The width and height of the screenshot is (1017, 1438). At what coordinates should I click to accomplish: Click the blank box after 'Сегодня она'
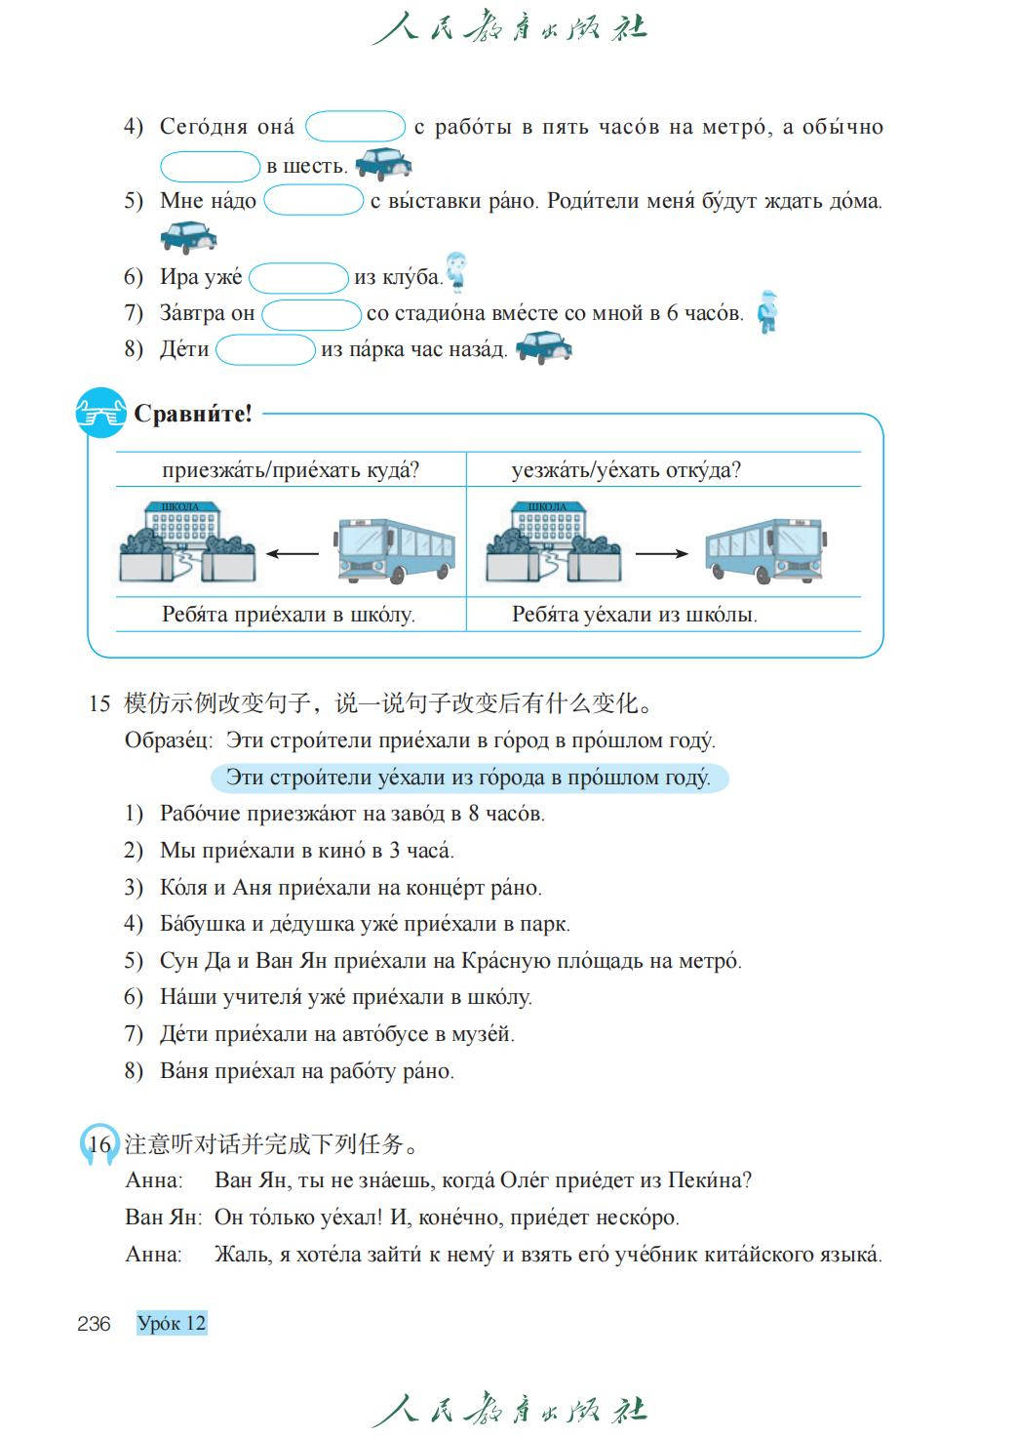(x=355, y=127)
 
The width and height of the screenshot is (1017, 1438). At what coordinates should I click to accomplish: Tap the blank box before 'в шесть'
(x=210, y=166)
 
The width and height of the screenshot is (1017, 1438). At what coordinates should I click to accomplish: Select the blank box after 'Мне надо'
(x=313, y=201)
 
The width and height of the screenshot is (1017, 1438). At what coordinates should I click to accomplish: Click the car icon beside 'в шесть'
(x=382, y=163)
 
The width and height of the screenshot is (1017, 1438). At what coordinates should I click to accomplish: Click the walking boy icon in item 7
(x=768, y=312)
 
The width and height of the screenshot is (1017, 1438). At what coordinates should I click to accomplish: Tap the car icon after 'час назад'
(x=543, y=347)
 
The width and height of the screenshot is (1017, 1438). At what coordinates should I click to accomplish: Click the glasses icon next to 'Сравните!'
(x=100, y=414)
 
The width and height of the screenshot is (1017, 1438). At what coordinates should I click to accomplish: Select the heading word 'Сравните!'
(x=193, y=414)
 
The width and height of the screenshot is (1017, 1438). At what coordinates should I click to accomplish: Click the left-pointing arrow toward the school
(x=293, y=554)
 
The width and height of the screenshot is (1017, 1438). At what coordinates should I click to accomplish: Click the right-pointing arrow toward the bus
(x=661, y=554)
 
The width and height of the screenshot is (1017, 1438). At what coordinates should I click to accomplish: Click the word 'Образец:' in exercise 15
(x=168, y=740)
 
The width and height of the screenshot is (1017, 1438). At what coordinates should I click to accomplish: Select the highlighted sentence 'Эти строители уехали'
(x=468, y=778)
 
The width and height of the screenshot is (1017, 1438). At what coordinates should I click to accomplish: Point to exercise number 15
(x=98, y=703)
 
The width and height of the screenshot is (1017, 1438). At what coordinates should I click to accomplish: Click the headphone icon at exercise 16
(x=97, y=1143)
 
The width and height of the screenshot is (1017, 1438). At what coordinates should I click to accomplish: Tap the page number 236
(x=94, y=1324)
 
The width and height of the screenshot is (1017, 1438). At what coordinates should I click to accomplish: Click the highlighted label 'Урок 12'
(x=172, y=1324)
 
